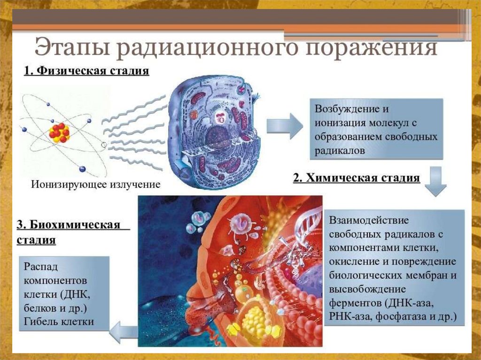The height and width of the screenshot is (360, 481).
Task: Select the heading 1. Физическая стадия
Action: [86, 71]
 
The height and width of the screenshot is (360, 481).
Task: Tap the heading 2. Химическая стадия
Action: [357, 178]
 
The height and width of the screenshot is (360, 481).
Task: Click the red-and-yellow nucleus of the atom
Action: [59, 132]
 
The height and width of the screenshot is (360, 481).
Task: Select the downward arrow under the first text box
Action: [436, 184]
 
